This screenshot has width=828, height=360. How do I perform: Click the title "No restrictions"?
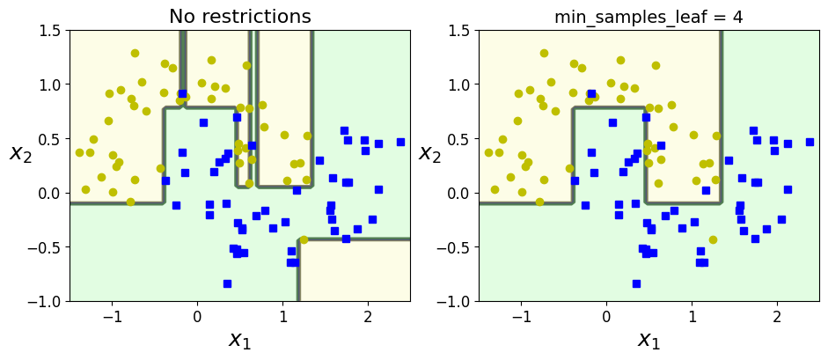pos(239,17)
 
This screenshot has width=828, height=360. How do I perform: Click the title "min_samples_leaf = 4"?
pos(648,17)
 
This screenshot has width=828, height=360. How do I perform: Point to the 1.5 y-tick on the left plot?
pos(53,31)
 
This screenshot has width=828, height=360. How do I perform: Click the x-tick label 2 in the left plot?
pos(368,317)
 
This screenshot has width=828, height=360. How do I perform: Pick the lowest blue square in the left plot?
pos(227,283)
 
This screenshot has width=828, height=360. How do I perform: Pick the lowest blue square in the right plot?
pos(636,283)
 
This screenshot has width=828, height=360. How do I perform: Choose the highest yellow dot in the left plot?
pos(135,53)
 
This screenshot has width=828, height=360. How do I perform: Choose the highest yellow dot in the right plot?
pos(544,53)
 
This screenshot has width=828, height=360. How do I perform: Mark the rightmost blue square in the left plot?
pos(400,142)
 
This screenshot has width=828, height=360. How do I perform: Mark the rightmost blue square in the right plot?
pos(810,142)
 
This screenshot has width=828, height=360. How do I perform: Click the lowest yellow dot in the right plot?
pos(713,239)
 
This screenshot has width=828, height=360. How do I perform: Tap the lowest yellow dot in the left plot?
pos(304,239)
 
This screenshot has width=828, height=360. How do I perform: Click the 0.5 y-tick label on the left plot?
pos(53,139)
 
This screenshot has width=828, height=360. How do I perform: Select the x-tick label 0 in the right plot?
pos(606,317)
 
